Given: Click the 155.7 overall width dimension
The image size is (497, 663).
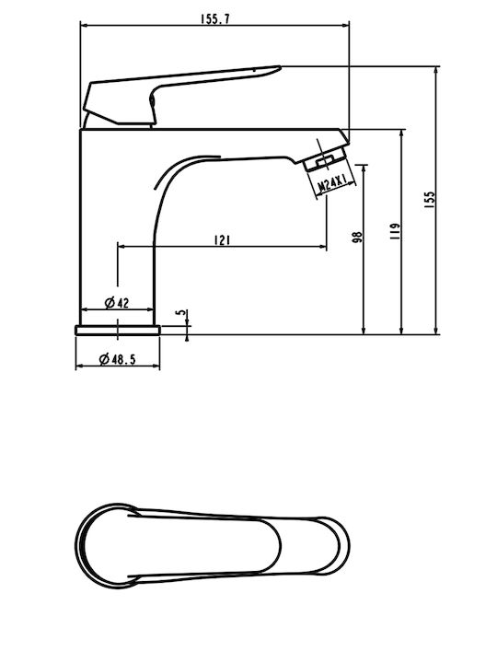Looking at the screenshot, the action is pos(215,19).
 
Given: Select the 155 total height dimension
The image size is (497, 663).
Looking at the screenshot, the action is pos(430,200).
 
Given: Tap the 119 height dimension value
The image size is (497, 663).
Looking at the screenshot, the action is pos(395,232).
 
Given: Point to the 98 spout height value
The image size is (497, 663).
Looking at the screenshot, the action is pos(357,237).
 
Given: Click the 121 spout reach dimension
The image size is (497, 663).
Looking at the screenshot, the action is pos(223,240).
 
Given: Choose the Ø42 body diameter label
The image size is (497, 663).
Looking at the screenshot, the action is pos(117,303).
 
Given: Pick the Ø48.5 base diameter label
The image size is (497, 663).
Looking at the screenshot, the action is pos(117,359).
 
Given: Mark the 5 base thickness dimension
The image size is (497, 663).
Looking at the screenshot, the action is pos(181,312).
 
